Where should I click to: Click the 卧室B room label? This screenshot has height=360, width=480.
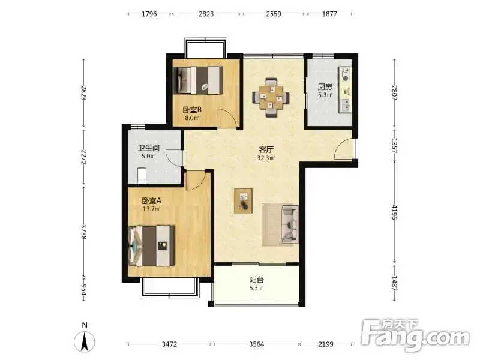[192, 109]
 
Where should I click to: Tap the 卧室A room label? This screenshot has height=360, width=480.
[152, 201]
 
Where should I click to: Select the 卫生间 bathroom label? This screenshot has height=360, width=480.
[149, 148]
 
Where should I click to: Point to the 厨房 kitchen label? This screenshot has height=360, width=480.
[325, 86]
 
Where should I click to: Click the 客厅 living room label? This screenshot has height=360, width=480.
[266, 149]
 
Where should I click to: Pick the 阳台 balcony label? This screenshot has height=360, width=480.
[257, 280]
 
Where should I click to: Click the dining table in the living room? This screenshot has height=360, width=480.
[271, 98]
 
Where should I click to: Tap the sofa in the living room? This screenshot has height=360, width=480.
[290, 224]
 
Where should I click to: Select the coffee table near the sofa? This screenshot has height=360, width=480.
[244, 201]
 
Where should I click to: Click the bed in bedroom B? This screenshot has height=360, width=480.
[198, 80]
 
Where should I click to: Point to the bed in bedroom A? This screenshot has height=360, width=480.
[152, 246]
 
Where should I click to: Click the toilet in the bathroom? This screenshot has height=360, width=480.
[142, 175]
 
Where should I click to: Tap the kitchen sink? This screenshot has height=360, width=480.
[346, 104]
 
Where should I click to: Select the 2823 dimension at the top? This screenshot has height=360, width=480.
[206, 14]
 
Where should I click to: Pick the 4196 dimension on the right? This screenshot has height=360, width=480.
[394, 212]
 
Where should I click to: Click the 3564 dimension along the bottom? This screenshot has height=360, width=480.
[257, 344]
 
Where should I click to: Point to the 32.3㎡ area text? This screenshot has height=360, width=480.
[266, 158]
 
